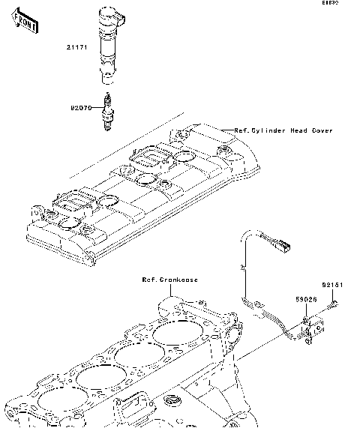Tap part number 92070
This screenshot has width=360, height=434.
81,108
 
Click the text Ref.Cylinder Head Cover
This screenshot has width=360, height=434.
283,130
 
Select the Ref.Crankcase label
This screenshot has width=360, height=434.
170,280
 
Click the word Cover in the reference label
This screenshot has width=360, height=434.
322,130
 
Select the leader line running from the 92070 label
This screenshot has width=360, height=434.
97,108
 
